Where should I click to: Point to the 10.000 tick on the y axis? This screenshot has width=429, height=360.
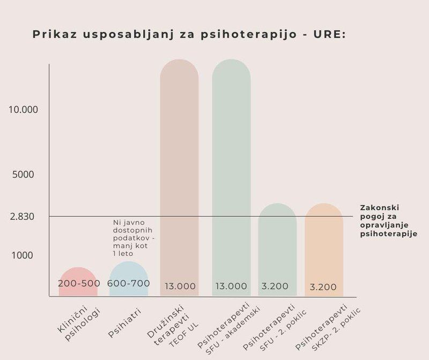coord(23,109)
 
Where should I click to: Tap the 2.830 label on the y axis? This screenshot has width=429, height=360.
coord(22,217)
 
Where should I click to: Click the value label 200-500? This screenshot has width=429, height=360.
coord(78,283)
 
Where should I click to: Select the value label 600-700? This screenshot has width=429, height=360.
coord(129,283)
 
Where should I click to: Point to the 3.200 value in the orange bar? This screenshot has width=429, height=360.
coord(323,287)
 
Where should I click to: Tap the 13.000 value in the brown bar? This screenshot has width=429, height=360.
coord(180,286)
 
